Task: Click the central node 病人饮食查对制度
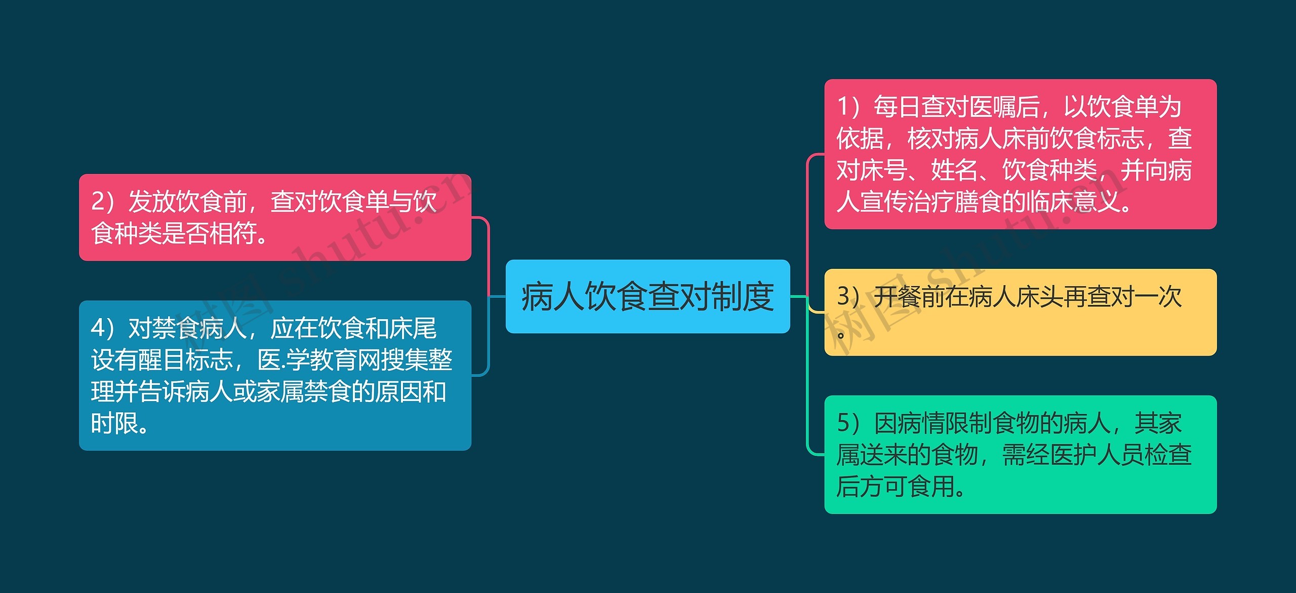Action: tap(647, 297)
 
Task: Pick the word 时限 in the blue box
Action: tap(114, 423)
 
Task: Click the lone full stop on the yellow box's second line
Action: tap(841, 334)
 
